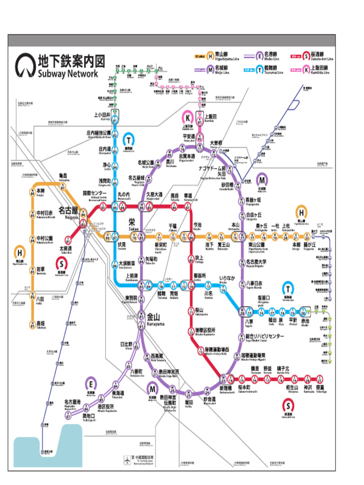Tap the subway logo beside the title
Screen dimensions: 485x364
pos(25,66)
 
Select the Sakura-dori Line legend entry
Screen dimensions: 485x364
pos(317,57)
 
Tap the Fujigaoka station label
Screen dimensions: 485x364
pos(309,245)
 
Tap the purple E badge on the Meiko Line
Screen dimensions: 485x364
pos(92,383)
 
